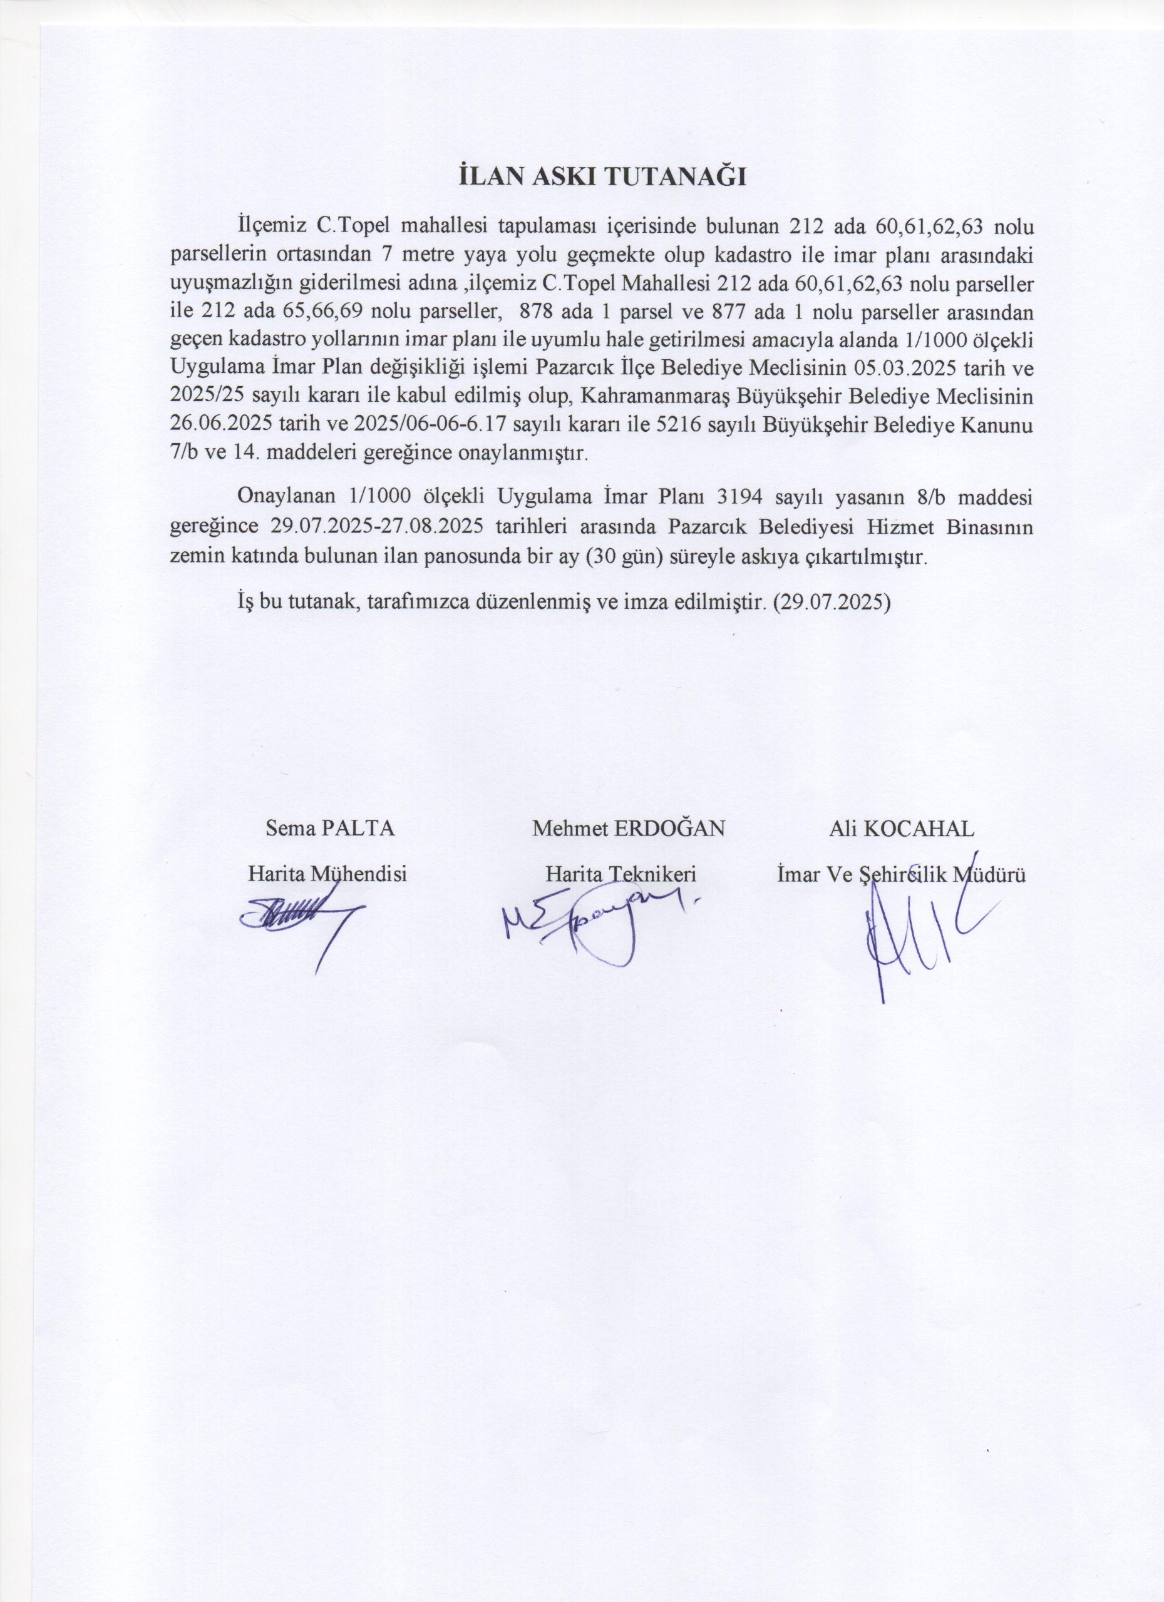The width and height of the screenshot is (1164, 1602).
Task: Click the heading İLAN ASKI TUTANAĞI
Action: click(x=603, y=177)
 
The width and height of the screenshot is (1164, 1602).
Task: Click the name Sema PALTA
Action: click(x=329, y=829)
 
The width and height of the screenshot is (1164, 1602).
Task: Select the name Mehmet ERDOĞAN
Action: click(x=628, y=829)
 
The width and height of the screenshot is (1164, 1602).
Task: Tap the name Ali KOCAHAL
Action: click(x=901, y=829)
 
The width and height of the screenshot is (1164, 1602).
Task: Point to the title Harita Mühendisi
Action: click(x=327, y=874)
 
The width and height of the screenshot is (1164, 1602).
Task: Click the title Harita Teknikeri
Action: click(x=621, y=874)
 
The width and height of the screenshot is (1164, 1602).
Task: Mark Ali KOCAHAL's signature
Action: click(x=912, y=932)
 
